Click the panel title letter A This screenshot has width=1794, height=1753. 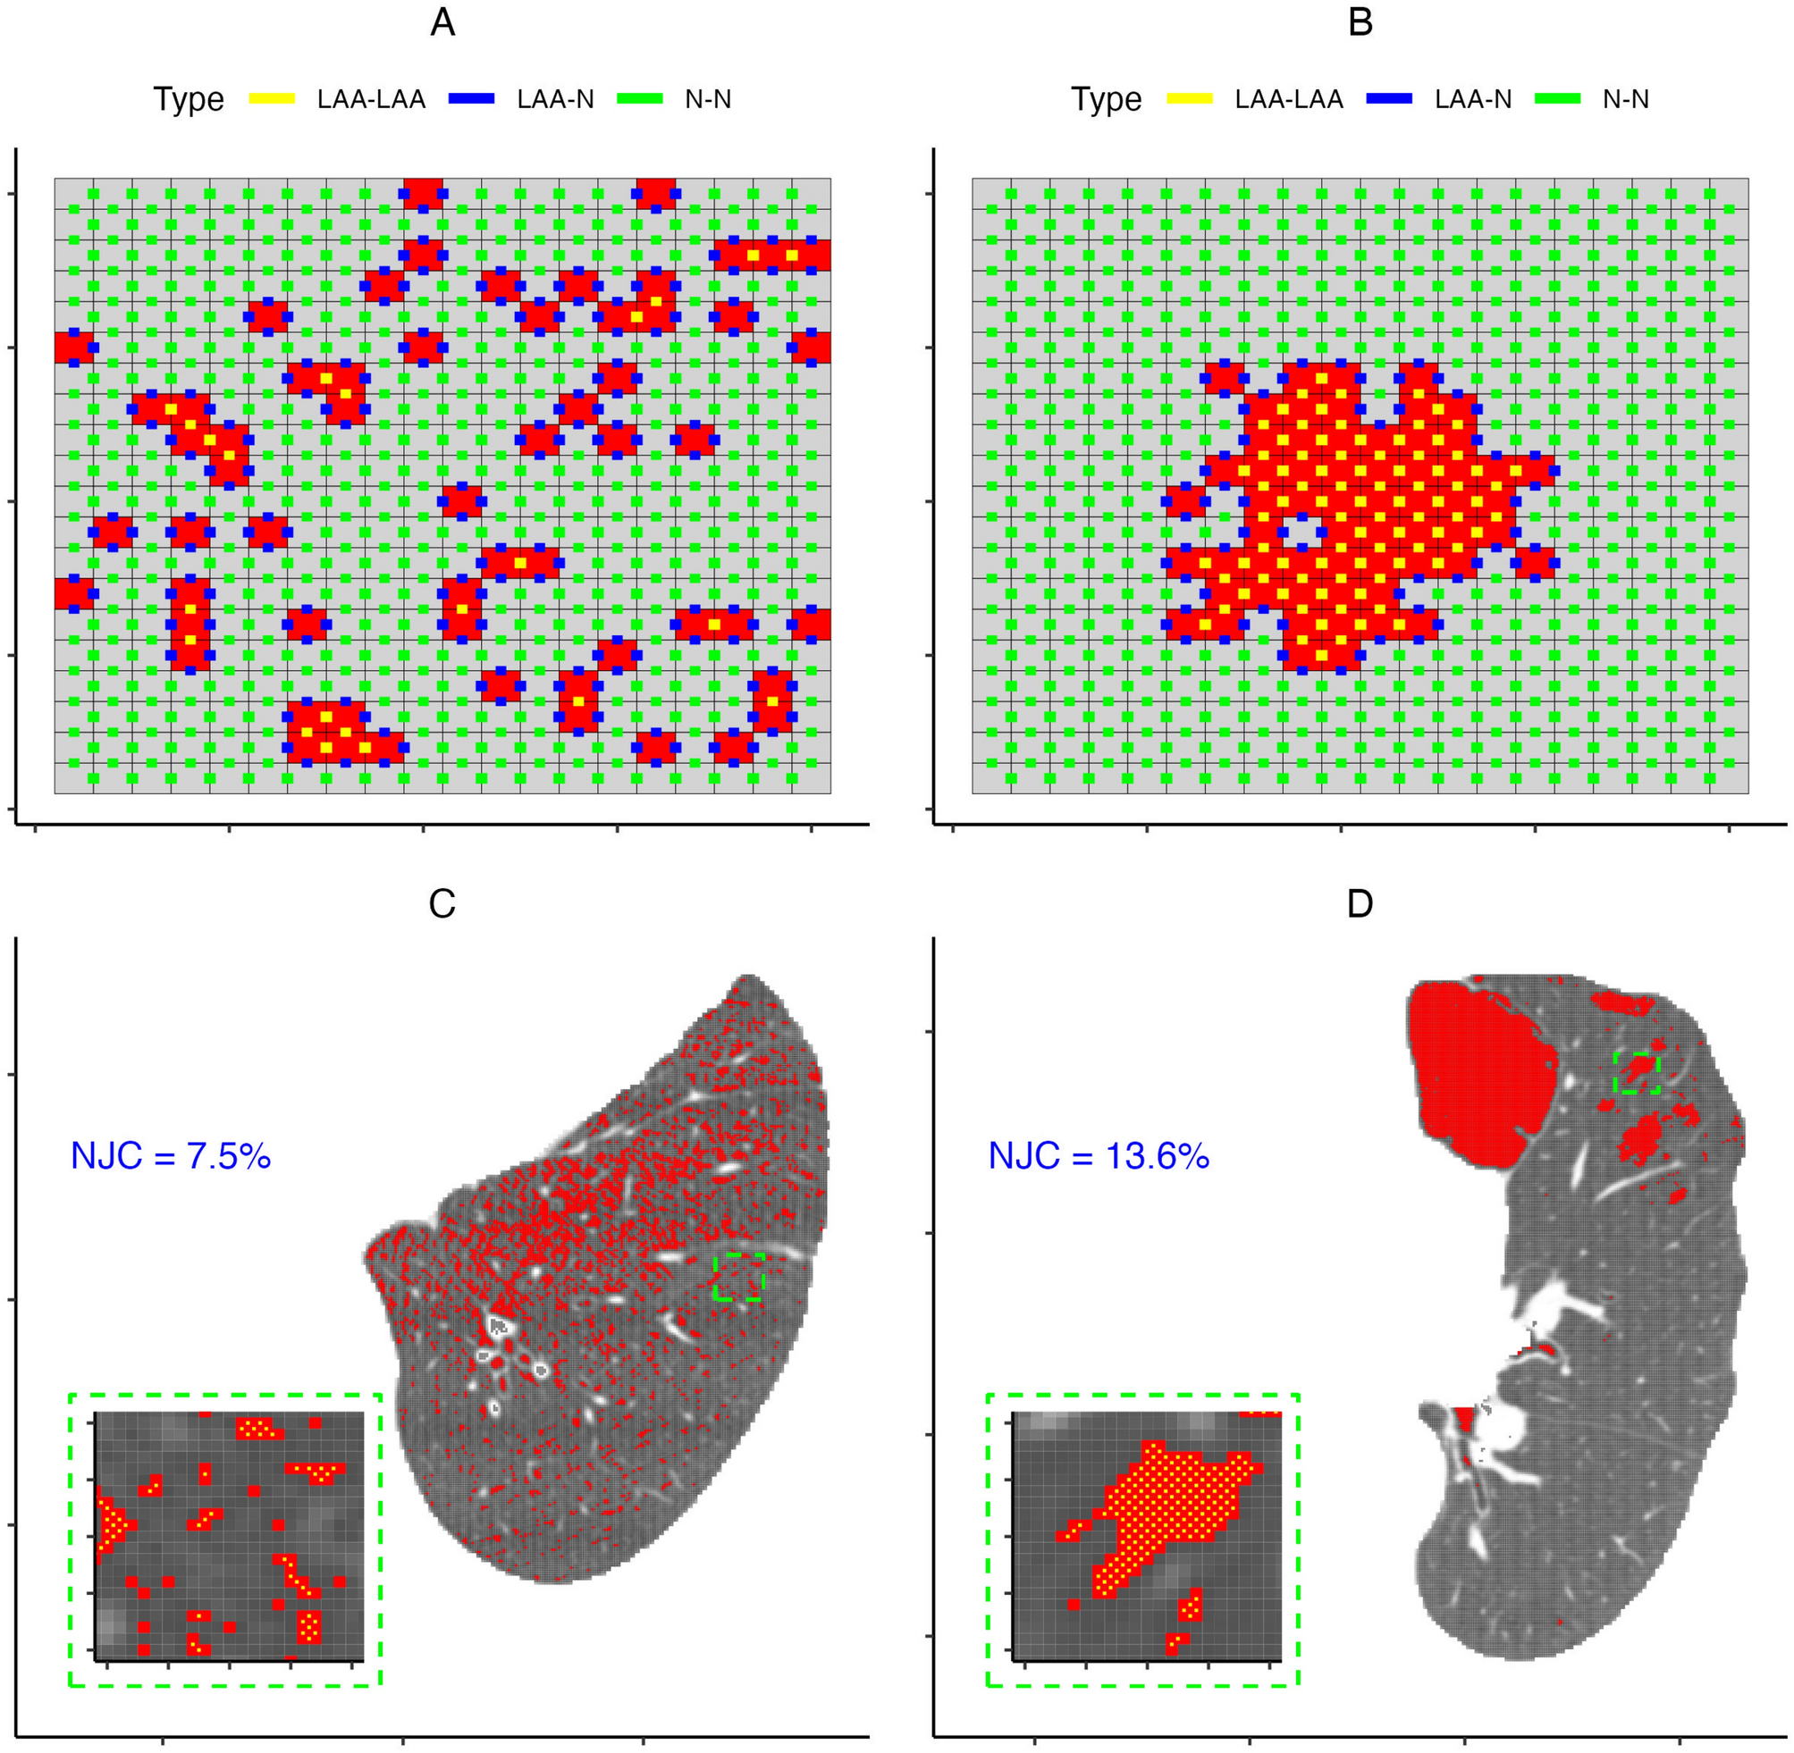point(442,23)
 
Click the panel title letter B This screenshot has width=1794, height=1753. point(1360,23)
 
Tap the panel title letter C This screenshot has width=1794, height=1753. point(442,904)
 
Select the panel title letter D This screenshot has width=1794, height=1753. point(1360,904)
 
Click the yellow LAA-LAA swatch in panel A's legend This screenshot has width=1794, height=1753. point(273,98)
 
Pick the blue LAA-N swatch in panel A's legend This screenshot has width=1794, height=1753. point(472,98)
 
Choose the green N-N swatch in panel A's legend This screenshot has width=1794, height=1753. point(639,98)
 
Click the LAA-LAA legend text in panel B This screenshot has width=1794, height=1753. point(1288,99)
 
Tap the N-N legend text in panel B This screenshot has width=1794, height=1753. point(1624,99)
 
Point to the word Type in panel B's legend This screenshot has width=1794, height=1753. point(1106,99)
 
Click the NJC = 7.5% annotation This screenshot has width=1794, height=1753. point(172,1155)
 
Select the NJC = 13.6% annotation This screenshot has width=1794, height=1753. point(1098,1155)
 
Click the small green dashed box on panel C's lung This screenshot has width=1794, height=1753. point(738,1276)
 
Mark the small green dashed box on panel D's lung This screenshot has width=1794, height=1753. point(1638,1074)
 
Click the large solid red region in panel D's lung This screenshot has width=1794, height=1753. point(1478,1068)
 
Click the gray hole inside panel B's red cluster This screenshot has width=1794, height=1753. point(1301,533)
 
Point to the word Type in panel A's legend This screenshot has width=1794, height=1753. point(189,99)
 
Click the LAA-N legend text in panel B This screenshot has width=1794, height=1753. point(1472,99)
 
